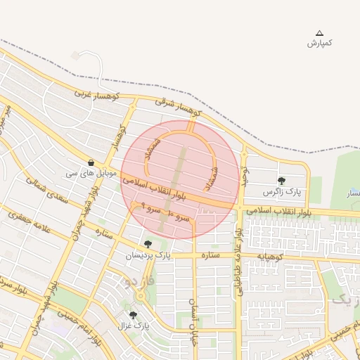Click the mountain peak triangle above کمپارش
[320, 33]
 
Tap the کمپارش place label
[320, 44]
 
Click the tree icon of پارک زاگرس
[281, 181]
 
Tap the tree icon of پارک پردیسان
[147, 244]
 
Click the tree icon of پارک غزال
[133, 315]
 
